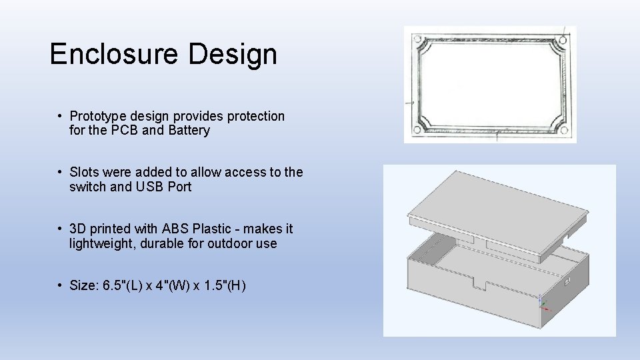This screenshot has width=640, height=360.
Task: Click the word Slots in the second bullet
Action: tap(84, 172)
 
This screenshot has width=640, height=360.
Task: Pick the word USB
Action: tap(150, 187)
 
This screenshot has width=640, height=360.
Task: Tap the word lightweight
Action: tap(102, 243)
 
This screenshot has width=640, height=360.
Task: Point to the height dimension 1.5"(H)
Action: tap(224, 286)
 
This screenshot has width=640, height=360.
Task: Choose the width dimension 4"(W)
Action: tap(174, 286)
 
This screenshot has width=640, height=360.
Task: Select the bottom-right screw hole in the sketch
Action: tap(563, 129)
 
